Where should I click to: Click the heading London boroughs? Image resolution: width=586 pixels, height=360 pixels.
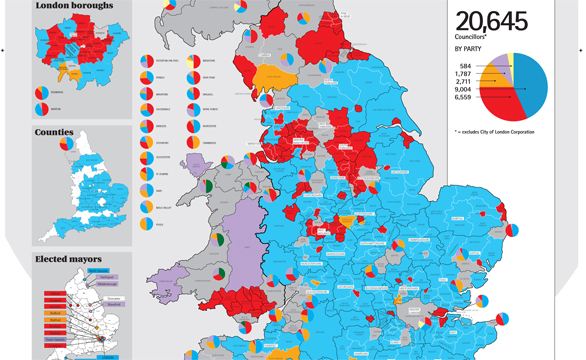73,7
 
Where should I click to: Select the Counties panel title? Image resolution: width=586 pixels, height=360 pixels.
54,132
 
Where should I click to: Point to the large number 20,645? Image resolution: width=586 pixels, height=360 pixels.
497,21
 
